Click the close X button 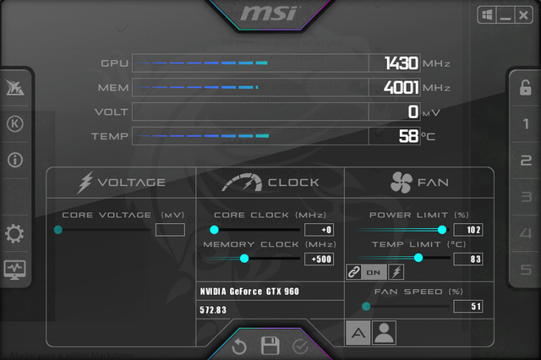[523, 15]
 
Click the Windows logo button [487, 15]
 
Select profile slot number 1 [526, 124]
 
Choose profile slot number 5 [526, 270]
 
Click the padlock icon [526, 88]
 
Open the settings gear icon [14, 233]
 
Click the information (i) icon [15, 160]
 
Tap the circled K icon [15, 123]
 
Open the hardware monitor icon [14, 270]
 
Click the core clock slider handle [214, 230]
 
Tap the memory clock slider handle [244, 259]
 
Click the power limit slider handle [442, 230]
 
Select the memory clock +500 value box [320, 259]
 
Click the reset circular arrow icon [239, 346]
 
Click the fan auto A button [358, 333]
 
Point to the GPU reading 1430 [402, 63]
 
